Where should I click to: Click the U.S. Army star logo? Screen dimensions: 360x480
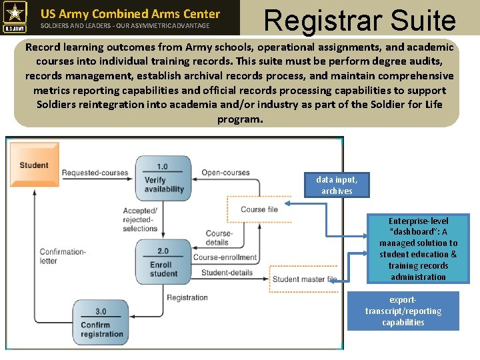click(15, 17)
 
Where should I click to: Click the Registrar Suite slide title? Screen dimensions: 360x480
click(360, 19)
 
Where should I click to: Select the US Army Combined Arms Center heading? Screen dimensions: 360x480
click(130, 13)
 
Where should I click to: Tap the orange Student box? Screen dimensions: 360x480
click(33, 165)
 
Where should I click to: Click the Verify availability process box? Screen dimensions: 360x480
click(163, 178)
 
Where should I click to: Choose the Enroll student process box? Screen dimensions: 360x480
click(163, 262)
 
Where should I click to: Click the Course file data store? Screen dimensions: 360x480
click(259, 209)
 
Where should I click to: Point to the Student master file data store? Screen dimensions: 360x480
click(304, 279)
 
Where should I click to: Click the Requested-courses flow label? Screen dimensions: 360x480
click(95, 173)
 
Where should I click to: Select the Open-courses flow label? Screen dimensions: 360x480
click(225, 173)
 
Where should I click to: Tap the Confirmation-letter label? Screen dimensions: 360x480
click(63, 257)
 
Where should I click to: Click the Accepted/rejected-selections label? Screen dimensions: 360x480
click(140, 219)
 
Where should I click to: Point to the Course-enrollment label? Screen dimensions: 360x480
click(225, 257)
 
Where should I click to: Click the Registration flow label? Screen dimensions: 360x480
click(187, 297)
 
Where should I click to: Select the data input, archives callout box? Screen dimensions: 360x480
click(337, 185)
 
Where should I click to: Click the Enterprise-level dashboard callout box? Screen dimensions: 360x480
click(418, 249)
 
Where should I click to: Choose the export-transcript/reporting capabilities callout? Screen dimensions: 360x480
click(403, 311)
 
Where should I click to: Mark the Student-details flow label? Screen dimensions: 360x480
click(227, 272)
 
